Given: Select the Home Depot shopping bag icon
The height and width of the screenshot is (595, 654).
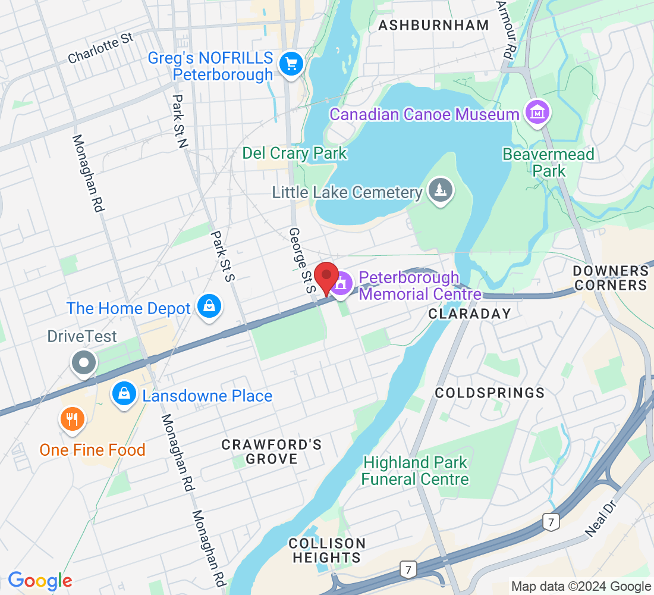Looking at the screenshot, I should (210, 307).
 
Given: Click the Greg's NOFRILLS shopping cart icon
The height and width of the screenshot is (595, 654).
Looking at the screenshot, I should (291, 64).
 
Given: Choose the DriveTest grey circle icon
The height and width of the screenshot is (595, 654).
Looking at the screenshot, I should (84, 362).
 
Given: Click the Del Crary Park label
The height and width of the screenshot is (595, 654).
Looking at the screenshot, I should (294, 153).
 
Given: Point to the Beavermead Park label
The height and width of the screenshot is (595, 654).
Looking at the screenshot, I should (548, 162).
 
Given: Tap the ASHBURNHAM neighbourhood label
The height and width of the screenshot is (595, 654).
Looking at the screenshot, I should (433, 25).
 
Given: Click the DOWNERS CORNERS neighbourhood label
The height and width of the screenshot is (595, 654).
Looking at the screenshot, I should (610, 278).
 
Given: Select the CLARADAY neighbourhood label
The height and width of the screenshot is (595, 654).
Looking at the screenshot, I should (470, 314).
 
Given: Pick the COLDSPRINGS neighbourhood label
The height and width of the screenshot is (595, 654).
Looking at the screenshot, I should (490, 393).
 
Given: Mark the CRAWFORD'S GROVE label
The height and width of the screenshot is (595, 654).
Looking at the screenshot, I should (272, 452).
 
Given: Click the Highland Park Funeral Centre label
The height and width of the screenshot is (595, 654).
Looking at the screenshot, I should (415, 471).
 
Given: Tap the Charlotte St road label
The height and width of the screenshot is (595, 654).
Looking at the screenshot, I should (100, 48).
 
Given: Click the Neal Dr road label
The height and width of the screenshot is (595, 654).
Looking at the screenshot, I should (599, 519).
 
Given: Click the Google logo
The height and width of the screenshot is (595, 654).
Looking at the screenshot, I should (40, 581).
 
